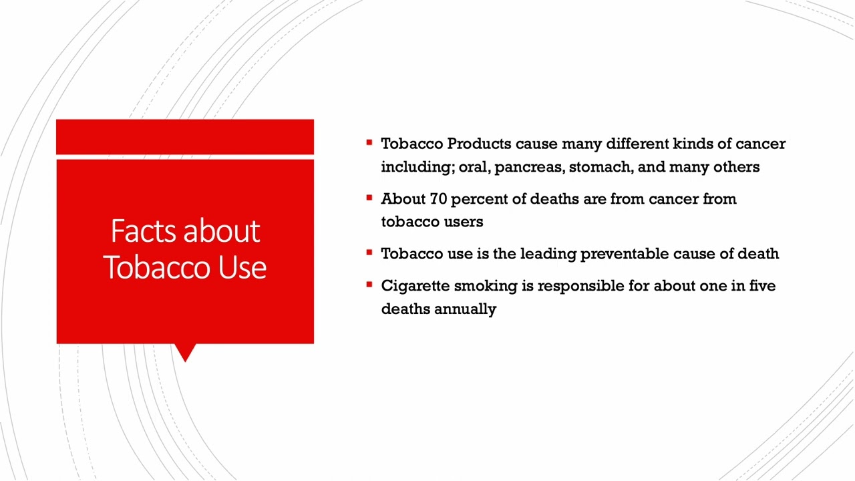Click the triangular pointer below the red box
[x=185, y=352]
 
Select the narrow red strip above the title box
[x=185, y=137]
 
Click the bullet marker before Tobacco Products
[x=369, y=142]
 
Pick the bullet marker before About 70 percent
[x=369, y=198]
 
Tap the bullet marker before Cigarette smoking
[x=369, y=285]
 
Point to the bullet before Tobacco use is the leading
[x=369, y=253]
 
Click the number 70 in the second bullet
[x=438, y=199]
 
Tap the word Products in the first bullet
[x=479, y=144]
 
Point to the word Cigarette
[x=415, y=286]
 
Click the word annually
[x=465, y=309]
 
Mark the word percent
[x=479, y=199]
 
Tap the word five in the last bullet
[x=761, y=286]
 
